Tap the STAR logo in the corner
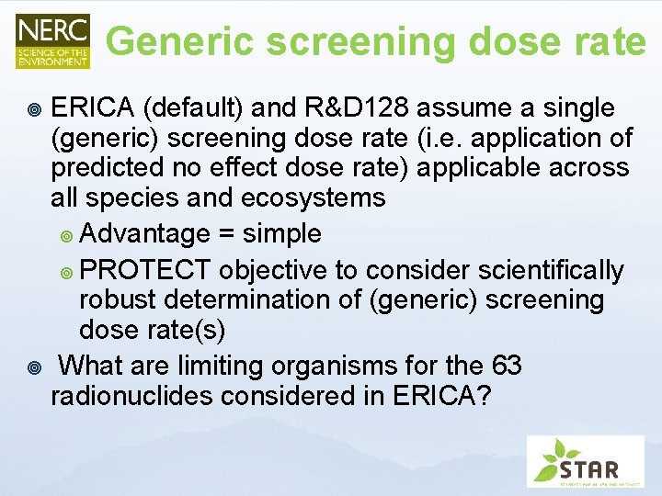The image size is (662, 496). pos(585,460)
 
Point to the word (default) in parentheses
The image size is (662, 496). pos(191,108)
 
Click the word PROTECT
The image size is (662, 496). pos(152,271)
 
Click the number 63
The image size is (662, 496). pos(507,366)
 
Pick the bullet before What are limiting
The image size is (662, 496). pos(34,367)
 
